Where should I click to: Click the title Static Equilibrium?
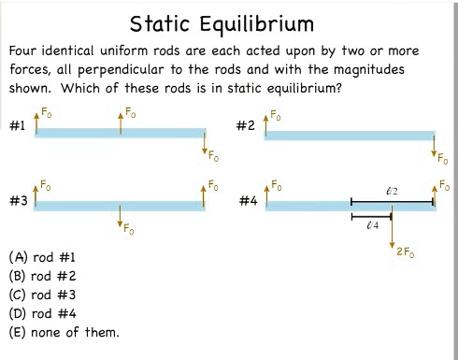click(222, 22)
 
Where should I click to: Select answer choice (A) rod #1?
click(42, 256)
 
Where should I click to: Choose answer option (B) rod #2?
click(42, 275)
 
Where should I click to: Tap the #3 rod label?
click(18, 201)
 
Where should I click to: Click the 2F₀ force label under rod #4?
click(406, 252)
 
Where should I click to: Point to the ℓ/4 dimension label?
click(371, 226)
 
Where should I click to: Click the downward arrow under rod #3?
click(120, 220)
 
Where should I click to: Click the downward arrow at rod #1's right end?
click(205, 145)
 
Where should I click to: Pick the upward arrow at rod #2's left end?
click(265, 121)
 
